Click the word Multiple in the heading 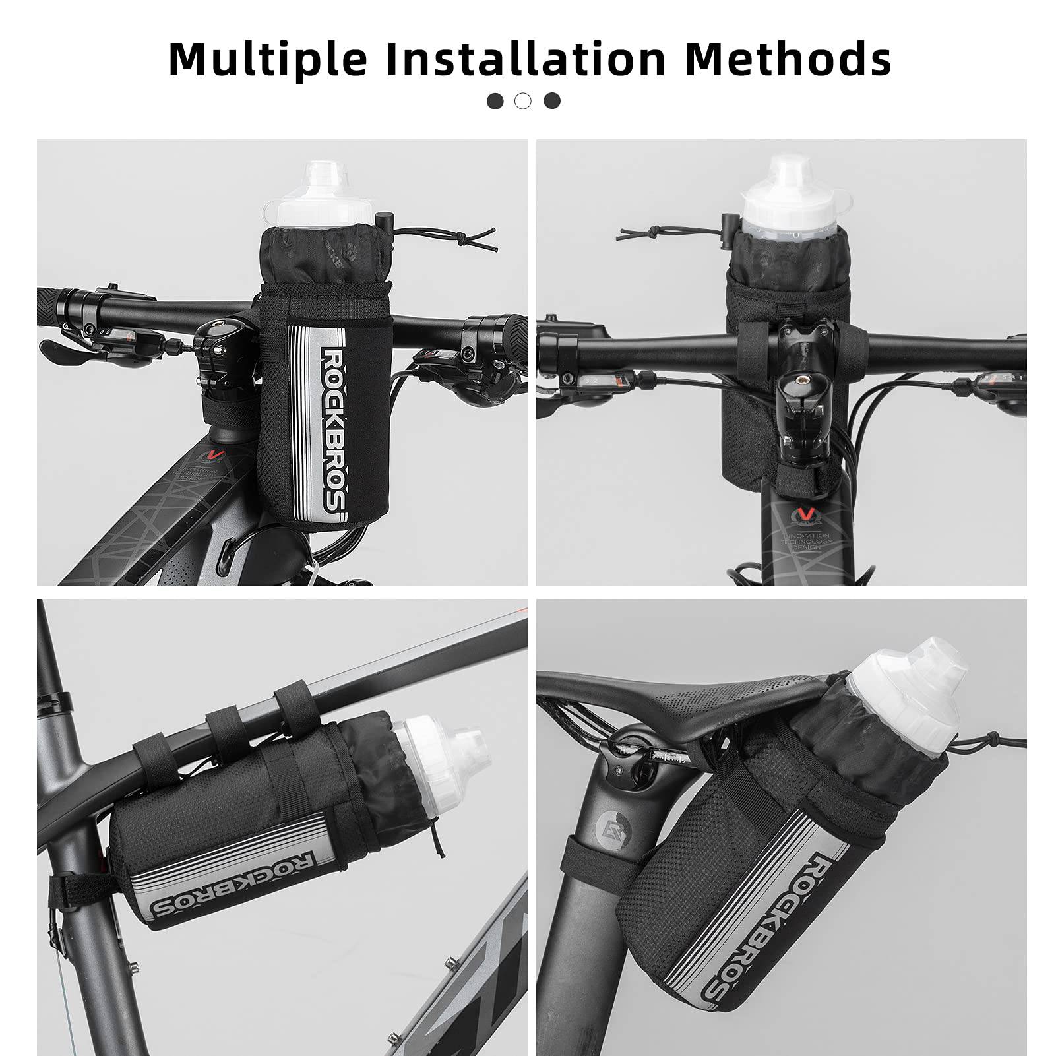(268, 59)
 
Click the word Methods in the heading (788, 59)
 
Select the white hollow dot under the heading (523, 101)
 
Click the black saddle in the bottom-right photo (693, 699)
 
